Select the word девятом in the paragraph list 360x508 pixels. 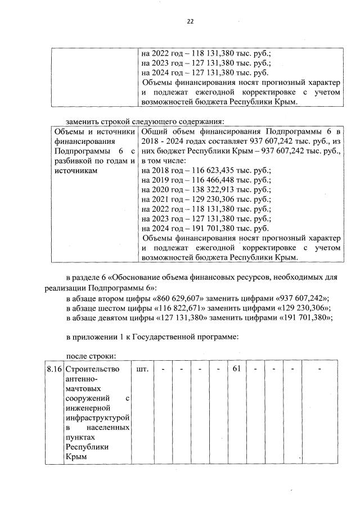pyautogui.click(x=114, y=317)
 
